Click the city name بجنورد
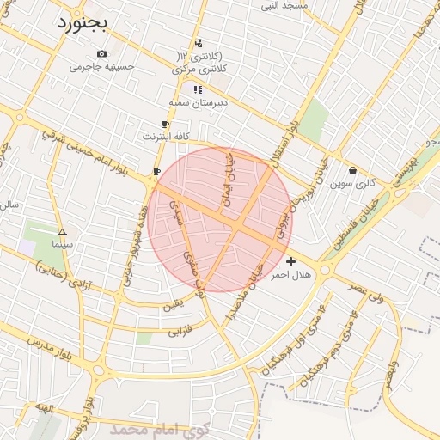(x=82, y=23)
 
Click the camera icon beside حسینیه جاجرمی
(x=101, y=54)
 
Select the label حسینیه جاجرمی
(x=101, y=66)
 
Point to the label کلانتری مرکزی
(x=200, y=68)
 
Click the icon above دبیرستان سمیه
(x=198, y=89)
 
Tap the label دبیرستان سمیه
(x=198, y=102)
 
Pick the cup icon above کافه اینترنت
(x=165, y=125)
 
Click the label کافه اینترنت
(x=163, y=136)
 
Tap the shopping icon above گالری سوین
(x=353, y=170)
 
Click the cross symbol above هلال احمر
(x=290, y=261)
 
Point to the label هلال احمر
(x=290, y=275)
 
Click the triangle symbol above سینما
(x=62, y=232)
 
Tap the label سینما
(x=62, y=245)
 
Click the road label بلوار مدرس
(x=46, y=343)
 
